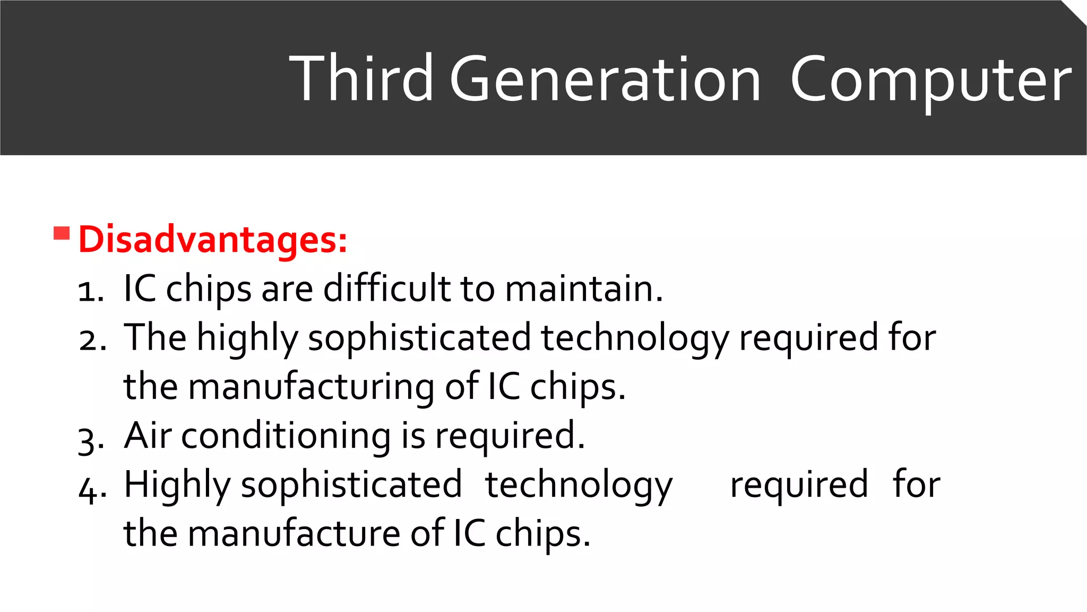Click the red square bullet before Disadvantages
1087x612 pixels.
(x=62, y=233)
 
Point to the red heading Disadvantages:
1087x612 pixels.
(x=213, y=240)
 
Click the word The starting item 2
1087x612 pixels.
(x=155, y=337)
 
